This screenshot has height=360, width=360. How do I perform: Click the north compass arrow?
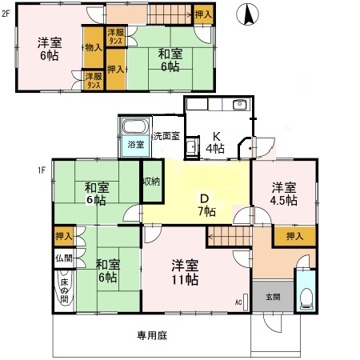tap(249, 15)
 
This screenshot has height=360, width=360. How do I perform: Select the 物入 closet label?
tap(94, 47)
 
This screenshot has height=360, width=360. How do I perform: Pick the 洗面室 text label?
tap(167, 137)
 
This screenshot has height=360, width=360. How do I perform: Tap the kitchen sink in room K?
tap(239, 106)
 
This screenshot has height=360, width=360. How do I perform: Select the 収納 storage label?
tap(151, 182)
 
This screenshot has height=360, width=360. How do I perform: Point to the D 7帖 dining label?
tap(206, 205)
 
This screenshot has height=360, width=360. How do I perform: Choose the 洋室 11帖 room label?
tap(183, 273)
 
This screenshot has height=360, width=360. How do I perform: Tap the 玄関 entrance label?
tap(274, 297)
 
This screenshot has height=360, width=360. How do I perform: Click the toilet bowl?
tap(305, 298)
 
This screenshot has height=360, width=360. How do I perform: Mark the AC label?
tap(238, 302)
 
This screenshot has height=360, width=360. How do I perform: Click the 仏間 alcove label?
tap(63, 259)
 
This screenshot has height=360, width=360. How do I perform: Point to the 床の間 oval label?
tap(64, 288)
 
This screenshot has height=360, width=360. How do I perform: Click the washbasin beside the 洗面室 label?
tap(191, 149)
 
